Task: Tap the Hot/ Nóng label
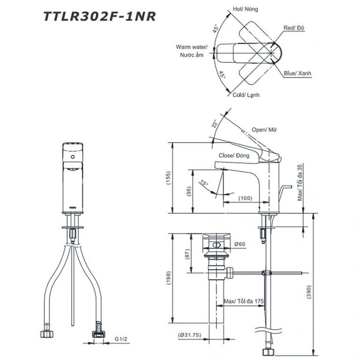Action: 245,9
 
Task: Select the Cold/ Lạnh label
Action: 246,95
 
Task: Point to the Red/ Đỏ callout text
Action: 294,29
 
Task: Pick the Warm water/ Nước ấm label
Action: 192,51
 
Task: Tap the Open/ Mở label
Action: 265,129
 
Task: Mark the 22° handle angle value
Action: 214,124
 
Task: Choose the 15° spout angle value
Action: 204,183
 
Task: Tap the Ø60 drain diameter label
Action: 240,244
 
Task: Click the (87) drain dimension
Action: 187,255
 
